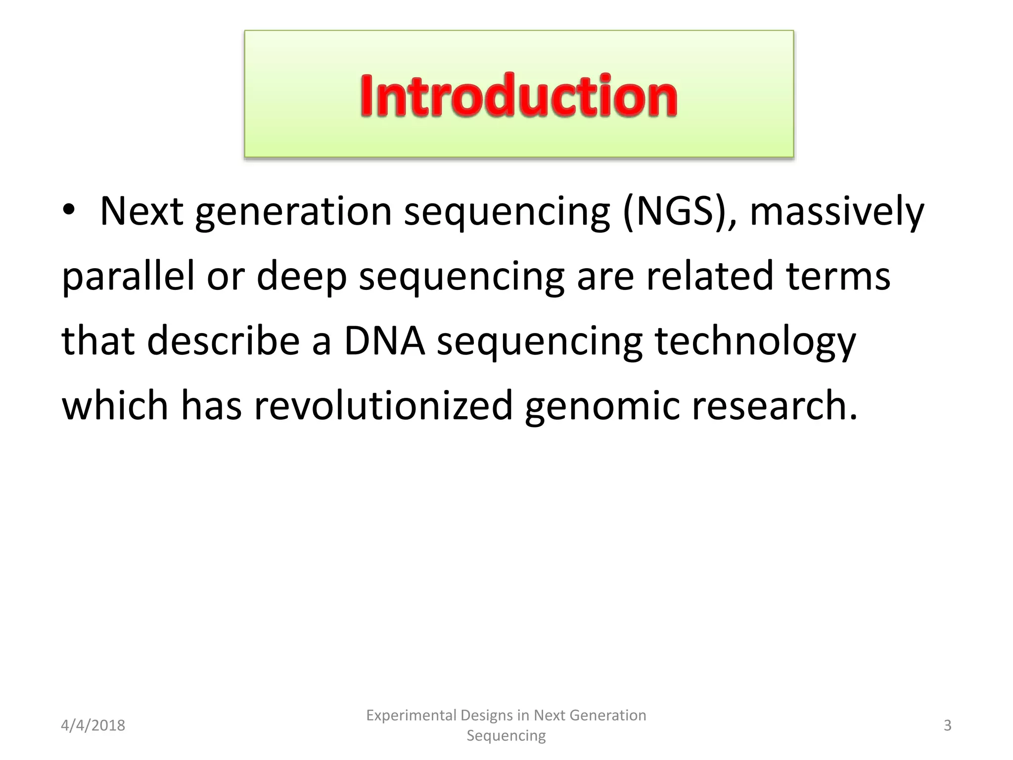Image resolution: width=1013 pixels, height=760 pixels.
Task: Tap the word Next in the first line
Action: point(141,212)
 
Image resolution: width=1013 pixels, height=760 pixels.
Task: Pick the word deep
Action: point(302,277)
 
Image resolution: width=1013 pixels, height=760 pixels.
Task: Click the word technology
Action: point(755,342)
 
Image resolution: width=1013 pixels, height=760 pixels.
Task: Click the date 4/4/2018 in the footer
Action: point(93,725)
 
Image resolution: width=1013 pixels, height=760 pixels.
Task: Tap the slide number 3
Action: point(947,725)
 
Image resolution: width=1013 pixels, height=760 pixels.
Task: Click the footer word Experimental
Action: point(411,715)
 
